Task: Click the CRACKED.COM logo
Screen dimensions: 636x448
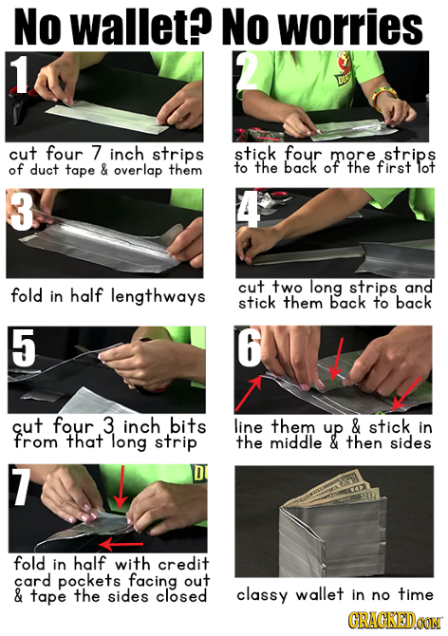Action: [x=392, y=622]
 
